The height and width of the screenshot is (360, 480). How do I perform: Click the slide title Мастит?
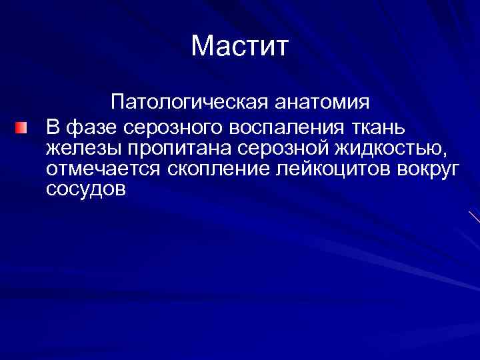pyautogui.click(x=240, y=46)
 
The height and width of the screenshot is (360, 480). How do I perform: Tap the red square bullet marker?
pyautogui.click(x=23, y=127)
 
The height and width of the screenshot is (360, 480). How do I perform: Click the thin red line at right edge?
pyautogui.click(x=474, y=216)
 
